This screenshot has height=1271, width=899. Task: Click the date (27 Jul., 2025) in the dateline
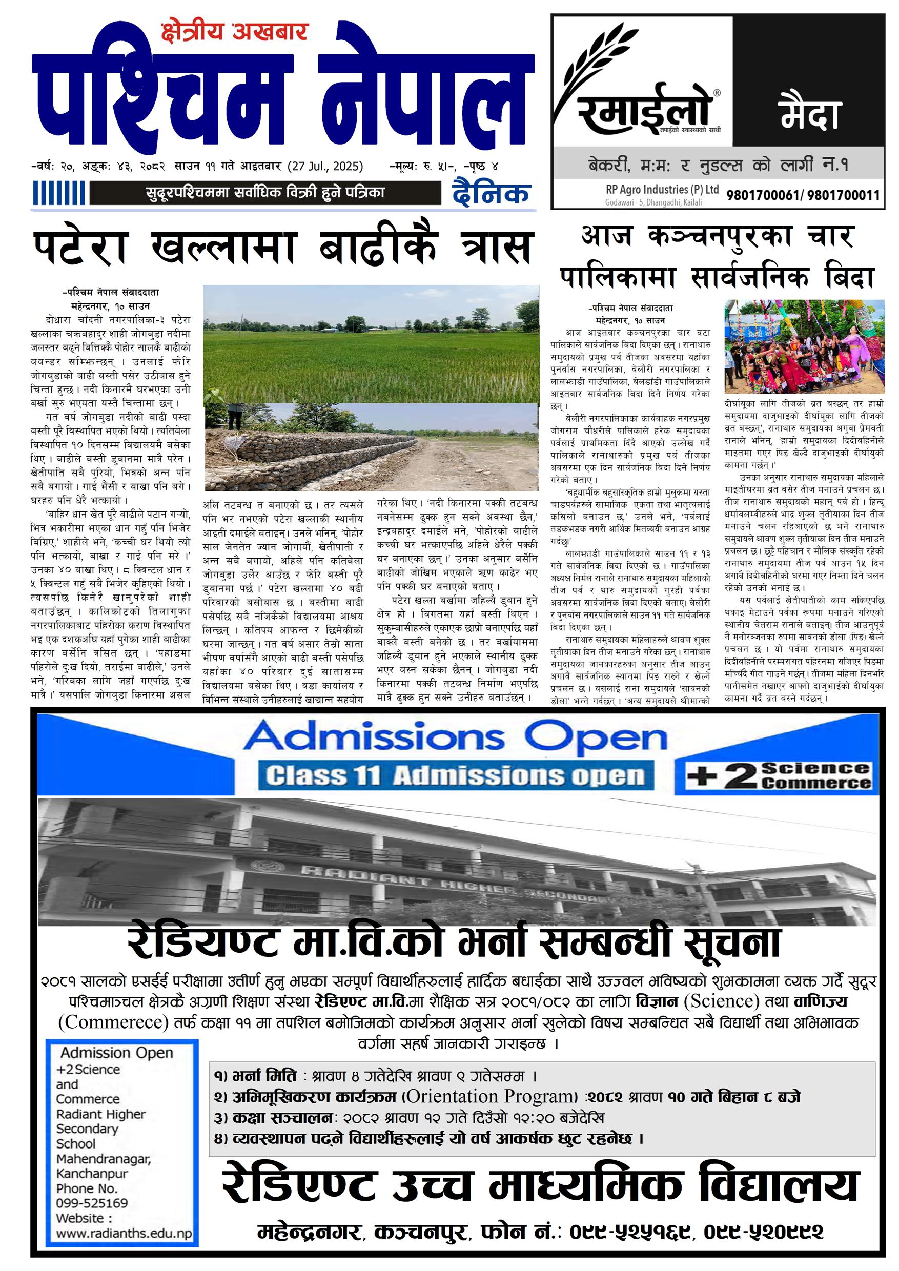pos(325,166)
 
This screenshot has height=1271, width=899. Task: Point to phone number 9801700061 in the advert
pos(762,195)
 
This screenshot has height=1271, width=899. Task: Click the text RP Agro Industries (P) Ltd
pos(662,189)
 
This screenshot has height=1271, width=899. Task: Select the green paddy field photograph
pos(371,343)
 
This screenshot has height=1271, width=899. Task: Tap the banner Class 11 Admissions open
pos(455,776)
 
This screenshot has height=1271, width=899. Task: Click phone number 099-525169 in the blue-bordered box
pos(92,1203)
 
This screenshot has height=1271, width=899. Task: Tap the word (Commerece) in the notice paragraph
pos(113,1022)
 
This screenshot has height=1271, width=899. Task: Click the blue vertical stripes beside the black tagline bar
pos(59,194)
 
